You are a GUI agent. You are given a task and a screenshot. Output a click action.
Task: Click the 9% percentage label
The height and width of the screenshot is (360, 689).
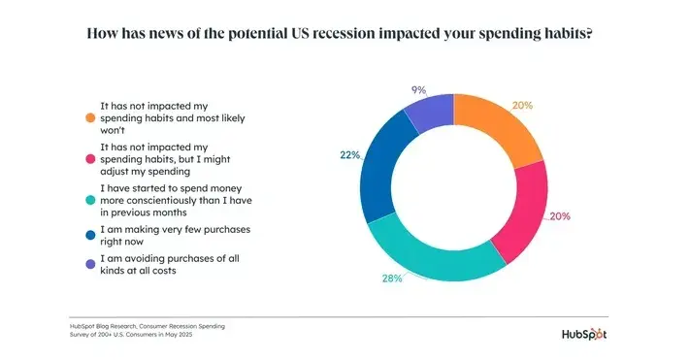pyautogui.click(x=418, y=89)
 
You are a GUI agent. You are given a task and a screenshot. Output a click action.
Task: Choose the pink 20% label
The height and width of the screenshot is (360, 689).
pyautogui.click(x=559, y=216)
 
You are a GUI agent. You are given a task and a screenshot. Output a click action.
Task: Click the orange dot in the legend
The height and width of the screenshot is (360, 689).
pyautogui.click(x=89, y=117)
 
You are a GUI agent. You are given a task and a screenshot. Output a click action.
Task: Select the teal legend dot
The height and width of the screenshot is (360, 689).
pyautogui.click(x=89, y=198)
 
